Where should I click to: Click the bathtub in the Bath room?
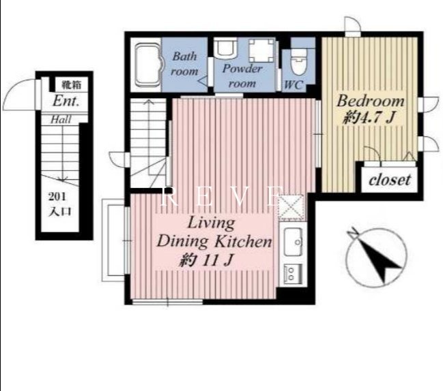pyautogui.click(x=147, y=64)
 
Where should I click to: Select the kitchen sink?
pyautogui.click(x=293, y=242)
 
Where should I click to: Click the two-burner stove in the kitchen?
pyautogui.click(x=293, y=273)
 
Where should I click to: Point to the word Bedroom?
pyautogui.click(x=371, y=101)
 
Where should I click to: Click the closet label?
pyautogui.click(x=390, y=180)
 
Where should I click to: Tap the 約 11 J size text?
pyautogui.click(x=207, y=260)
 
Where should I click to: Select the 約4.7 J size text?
pyautogui.click(x=369, y=117)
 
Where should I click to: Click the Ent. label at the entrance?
pyautogui.click(x=66, y=101)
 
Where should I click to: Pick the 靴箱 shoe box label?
pyautogui.click(x=72, y=84)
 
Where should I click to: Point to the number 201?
pyautogui.click(x=57, y=196)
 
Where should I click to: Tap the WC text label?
pyautogui.click(x=294, y=84)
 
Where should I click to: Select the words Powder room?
pyautogui.click(x=242, y=76)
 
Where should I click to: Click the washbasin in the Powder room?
pyautogui.click(x=225, y=48)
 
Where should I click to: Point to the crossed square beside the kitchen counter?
pyautogui.click(x=291, y=207)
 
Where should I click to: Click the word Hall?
pyautogui.click(x=61, y=119)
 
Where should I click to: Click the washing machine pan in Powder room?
pyautogui.click(x=261, y=50)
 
